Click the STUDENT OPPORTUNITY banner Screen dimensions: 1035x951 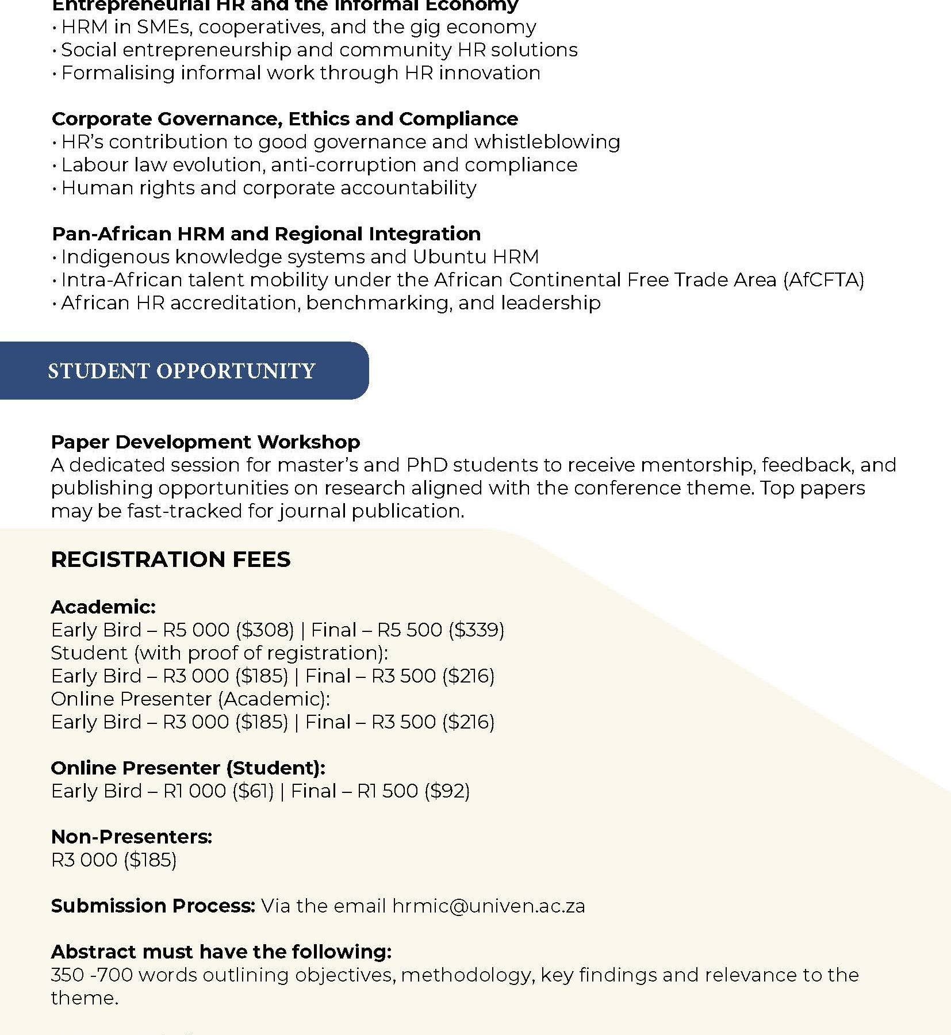pyautogui.click(x=182, y=371)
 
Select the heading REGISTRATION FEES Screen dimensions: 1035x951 pyautogui.click(x=171, y=559)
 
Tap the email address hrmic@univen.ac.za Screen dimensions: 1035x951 pyautogui.click(x=489, y=906)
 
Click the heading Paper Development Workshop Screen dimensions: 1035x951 pyautogui.click(x=205, y=442)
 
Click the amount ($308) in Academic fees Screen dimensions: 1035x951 pyautogui.click(x=265, y=630)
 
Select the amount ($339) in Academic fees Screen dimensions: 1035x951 pyautogui.click(x=476, y=630)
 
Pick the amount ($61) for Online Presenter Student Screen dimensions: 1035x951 pyautogui.click(x=253, y=791)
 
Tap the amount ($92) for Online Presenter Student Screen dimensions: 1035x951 pyautogui.click(x=447, y=791)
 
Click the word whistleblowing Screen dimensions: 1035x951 pyautogui.click(x=547, y=142)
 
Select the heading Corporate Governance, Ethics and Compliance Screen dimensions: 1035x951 pyautogui.click(x=285, y=119)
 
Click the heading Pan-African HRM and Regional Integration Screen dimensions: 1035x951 pyautogui.click(x=266, y=234)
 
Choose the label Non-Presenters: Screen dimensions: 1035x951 pyautogui.click(x=132, y=837)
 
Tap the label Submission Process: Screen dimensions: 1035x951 pyautogui.click(x=153, y=906)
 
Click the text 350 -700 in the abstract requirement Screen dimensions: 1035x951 pyautogui.click(x=92, y=975)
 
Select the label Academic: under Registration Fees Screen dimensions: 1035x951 pyautogui.click(x=103, y=607)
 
